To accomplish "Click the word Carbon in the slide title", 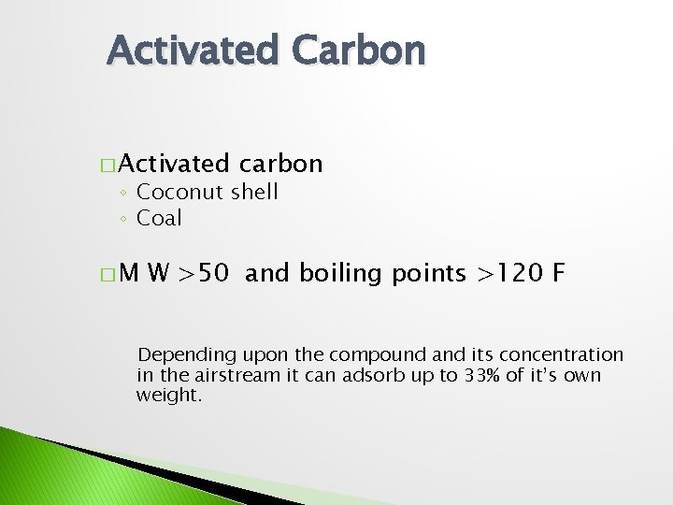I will point(359,50).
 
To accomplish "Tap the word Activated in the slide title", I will point(192,50).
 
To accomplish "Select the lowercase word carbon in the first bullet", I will point(280,165).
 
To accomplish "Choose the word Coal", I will point(159,218).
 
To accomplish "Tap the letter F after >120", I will point(558,273).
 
